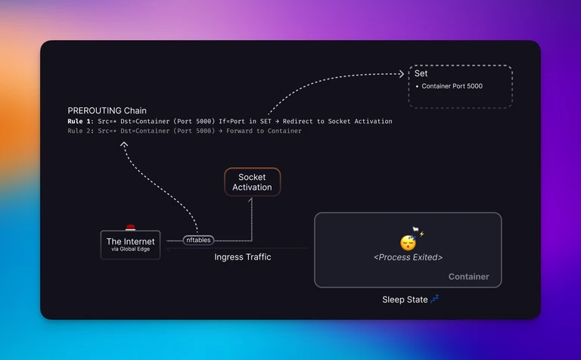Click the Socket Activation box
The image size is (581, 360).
pos(253,182)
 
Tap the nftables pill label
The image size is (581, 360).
pos(198,240)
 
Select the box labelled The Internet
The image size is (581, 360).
pos(130,245)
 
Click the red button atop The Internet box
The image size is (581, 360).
pos(130,227)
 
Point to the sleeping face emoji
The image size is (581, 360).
pos(408,243)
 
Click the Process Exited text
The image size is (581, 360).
pos(408,257)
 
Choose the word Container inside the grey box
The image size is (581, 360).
pos(469,277)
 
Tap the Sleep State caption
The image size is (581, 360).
pos(405,299)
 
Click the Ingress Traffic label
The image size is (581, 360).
pos(243,257)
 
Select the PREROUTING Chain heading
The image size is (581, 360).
pos(107,110)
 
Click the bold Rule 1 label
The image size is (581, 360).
pos(80,121)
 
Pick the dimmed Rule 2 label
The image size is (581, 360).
pos(80,131)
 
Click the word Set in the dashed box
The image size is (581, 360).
pos(421,73)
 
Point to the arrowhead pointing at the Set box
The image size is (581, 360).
pos(401,74)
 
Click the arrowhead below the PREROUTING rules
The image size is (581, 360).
pos(124,144)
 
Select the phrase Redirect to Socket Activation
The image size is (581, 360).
pos(337,121)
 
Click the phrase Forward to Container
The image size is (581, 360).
pos(264,131)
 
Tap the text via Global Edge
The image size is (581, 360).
pos(130,250)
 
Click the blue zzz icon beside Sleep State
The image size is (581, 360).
pos(435,299)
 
